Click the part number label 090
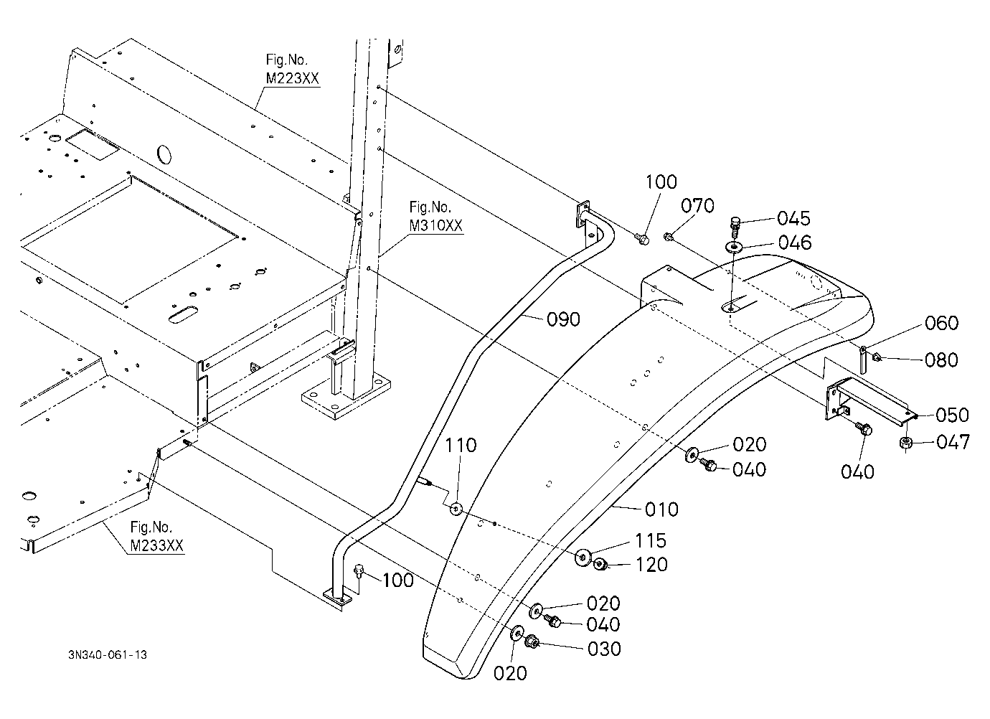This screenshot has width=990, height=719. pos(563,319)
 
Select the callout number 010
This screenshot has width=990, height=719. pos(661,509)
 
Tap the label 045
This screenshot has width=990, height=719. pos(793,218)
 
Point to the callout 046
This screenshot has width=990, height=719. pos(795,243)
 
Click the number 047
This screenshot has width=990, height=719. pos(953,442)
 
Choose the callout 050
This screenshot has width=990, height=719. pos(952,415)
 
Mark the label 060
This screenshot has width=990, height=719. pos(941,323)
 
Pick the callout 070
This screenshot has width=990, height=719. pos(697,206)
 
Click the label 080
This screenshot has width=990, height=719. pos(941,360)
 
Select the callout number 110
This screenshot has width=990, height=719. pos(461,446)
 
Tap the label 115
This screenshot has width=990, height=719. pos(650,540)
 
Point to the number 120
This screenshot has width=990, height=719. pos(651,565)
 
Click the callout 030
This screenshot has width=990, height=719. pos(604,649)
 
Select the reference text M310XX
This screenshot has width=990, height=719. pos(435,225)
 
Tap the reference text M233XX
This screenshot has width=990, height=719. pos(157,546)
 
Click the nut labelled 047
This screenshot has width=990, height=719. pos(905,443)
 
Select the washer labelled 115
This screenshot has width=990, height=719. pos(583,557)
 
